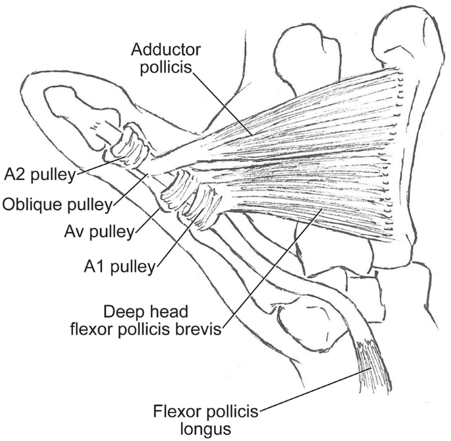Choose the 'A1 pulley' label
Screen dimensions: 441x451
[121, 266]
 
